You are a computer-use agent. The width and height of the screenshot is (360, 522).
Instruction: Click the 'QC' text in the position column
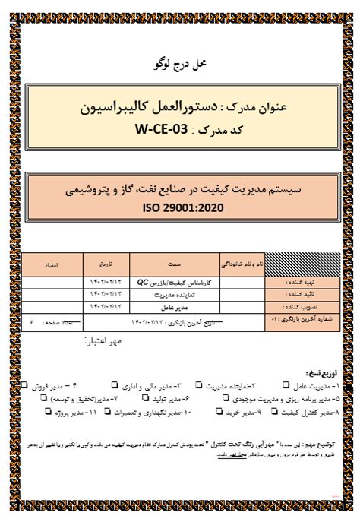(142, 282)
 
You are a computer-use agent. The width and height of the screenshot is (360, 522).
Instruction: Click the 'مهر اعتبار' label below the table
(108, 342)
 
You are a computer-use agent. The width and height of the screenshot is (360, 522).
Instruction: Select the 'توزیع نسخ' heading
(322, 374)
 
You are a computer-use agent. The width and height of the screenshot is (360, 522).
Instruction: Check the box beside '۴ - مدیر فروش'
(27, 386)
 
